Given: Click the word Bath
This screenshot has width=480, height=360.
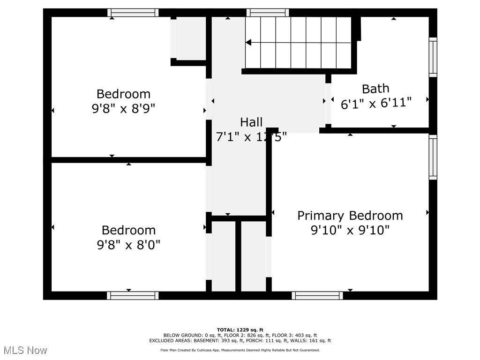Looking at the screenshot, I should (x=375, y=89).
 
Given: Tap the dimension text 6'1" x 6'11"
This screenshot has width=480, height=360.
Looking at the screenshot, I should (x=376, y=103).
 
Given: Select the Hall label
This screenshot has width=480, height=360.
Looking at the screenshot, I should (x=251, y=122).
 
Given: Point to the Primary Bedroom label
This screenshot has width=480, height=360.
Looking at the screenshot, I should (x=350, y=216).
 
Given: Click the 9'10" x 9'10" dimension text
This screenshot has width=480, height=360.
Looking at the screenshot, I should (x=350, y=230).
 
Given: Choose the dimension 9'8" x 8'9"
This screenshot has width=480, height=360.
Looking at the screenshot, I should (x=123, y=108).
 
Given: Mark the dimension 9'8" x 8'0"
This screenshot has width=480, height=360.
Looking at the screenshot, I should (x=128, y=245).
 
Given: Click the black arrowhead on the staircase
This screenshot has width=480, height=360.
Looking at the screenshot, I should (x=248, y=43).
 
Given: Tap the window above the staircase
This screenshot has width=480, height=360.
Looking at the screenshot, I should (x=268, y=13).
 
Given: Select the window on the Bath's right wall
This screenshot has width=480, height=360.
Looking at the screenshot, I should (x=433, y=57).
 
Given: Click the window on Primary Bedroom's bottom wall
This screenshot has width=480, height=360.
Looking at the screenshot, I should (x=317, y=295).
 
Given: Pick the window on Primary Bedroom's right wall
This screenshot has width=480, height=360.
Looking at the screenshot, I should (x=433, y=157).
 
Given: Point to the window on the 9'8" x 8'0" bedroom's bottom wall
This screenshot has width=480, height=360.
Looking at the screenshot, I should (x=133, y=295).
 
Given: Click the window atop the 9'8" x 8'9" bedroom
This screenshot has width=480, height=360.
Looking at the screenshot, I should (x=133, y=13).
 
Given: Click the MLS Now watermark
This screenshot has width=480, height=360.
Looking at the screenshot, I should (x=25, y=350).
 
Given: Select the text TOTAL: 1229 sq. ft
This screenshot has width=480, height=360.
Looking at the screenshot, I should (x=240, y=330).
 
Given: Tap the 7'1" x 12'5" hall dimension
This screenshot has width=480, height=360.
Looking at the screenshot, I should (x=251, y=137).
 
